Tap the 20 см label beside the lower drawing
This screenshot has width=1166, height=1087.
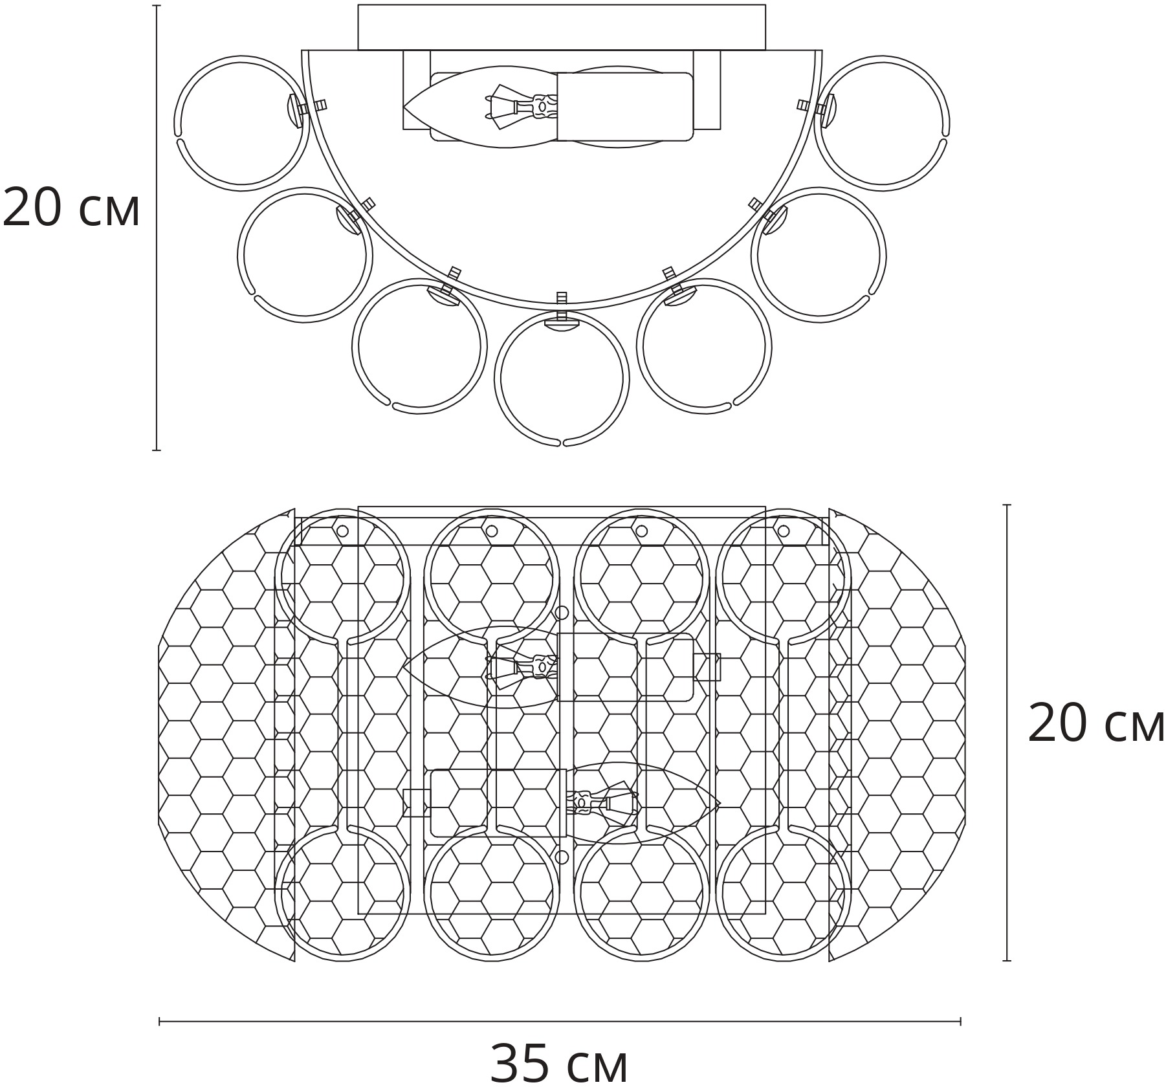[1096, 722]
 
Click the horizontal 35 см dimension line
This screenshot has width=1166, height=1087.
[560, 1022]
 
